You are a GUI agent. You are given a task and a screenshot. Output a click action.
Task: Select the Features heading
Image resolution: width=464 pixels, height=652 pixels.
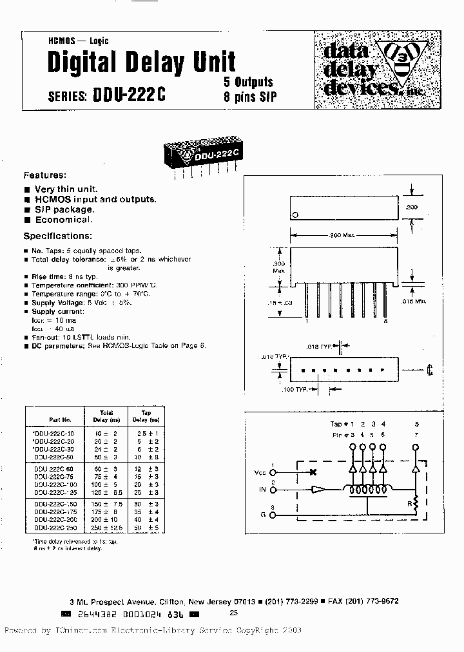pyautogui.click(x=45, y=175)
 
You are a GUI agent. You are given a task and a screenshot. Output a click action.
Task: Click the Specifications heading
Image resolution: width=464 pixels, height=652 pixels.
pyautogui.click(x=58, y=236)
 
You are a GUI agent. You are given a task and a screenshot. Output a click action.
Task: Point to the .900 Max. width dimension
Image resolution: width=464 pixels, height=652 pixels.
pyautogui.click(x=343, y=236)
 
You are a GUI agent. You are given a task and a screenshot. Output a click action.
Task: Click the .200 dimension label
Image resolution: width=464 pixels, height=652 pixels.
pyautogui.click(x=412, y=207)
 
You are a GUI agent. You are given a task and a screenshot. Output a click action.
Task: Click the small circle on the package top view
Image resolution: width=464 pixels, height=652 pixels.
pyautogui.click(x=295, y=215)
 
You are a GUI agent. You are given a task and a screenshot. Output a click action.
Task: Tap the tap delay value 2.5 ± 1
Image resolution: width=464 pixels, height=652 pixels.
pyautogui.click(x=146, y=434)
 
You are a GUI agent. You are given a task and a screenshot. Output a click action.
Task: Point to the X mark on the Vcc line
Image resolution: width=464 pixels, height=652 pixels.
pyautogui.click(x=314, y=472)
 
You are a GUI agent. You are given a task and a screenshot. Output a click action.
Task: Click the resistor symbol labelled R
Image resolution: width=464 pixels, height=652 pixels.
pyautogui.click(x=416, y=501)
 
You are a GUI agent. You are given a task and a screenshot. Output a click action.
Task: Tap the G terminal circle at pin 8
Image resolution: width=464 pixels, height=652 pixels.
pyautogui.click(x=273, y=515)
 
